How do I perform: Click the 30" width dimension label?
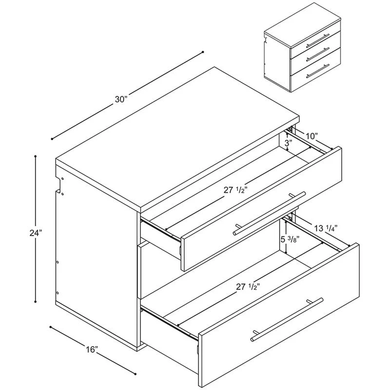coord(121,99)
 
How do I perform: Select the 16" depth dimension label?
coord(93,349)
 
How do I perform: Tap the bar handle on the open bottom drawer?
coord(287,319)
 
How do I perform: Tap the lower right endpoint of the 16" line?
coord(135,374)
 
